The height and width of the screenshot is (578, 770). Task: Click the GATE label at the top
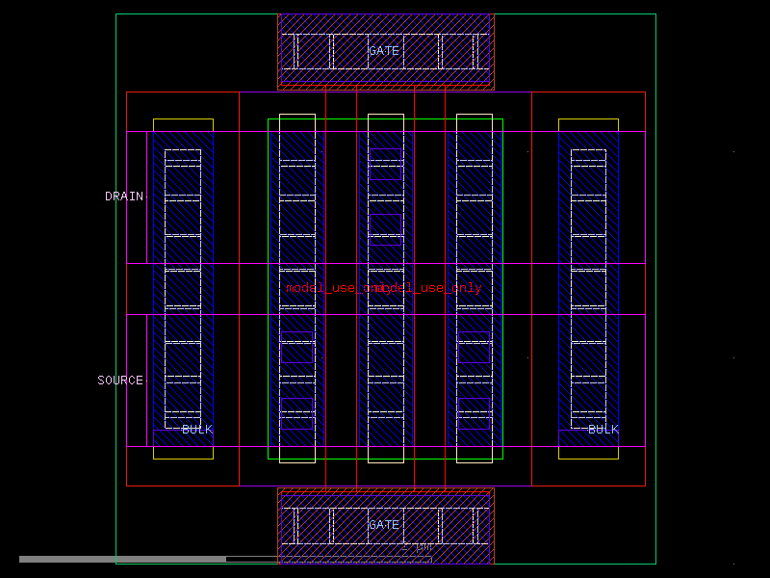pos(383,51)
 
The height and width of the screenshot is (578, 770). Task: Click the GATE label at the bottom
pos(383,525)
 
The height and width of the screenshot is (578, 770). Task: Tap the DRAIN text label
pos(124,197)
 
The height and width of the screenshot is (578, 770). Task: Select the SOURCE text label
pos(120,381)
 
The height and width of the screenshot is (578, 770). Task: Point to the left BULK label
pos(197,430)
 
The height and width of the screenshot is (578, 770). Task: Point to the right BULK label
pos(603,430)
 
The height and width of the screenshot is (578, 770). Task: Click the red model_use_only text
pos(384,288)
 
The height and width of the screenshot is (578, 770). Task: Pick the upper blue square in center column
pos(385,165)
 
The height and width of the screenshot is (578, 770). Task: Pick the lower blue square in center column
pos(385,229)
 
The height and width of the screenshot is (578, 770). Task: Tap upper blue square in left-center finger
pos(296,347)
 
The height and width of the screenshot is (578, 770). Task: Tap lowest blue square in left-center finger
pos(296,413)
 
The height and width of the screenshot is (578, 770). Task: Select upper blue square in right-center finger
pos(474,347)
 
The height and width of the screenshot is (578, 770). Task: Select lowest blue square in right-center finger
pos(474,413)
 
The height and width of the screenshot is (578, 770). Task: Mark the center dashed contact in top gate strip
pos(385,51)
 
